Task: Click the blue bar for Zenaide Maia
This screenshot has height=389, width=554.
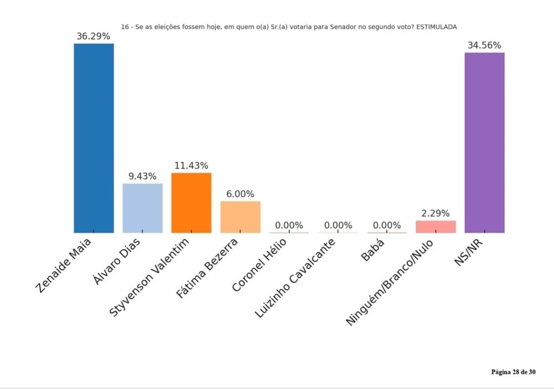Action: click(x=94, y=138)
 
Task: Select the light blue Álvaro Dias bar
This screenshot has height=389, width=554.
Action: click(x=142, y=208)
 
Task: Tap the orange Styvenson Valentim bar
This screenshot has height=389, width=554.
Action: click(x=191, y=203)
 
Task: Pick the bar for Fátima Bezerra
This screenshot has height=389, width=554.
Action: click(x=240, y=217)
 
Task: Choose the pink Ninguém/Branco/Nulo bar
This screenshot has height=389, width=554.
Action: click(x=436, y=226)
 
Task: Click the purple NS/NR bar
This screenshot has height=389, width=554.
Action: click(x=484, y=143)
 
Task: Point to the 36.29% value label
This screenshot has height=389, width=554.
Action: click(x=93, y=37)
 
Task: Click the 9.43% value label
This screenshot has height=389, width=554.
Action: click(x=142, y=177)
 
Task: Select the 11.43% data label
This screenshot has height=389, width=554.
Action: click(x=191, y=166)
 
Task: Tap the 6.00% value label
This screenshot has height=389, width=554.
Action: click(x=240, y=194)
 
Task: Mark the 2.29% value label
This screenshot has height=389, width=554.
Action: click(x=436, y=214)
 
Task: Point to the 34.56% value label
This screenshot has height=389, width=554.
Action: click(x=484, y=46)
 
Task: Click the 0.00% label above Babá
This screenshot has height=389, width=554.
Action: click(x=387, y=226)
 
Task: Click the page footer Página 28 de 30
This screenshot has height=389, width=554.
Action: click(x=513, y=372)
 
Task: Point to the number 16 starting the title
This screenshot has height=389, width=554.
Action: click(x=125, y=27)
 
